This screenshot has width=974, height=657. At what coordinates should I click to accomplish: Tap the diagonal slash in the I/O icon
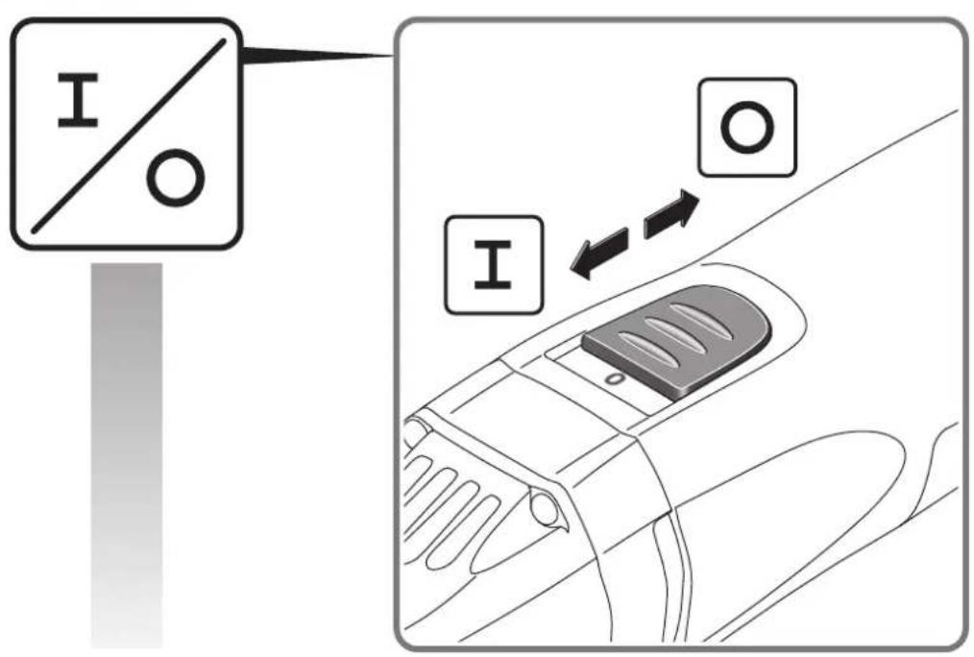coord(128,134)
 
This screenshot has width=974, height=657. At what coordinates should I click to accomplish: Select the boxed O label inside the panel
coord(746,127)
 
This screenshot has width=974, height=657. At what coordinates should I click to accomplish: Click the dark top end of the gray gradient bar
coord(126,279)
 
